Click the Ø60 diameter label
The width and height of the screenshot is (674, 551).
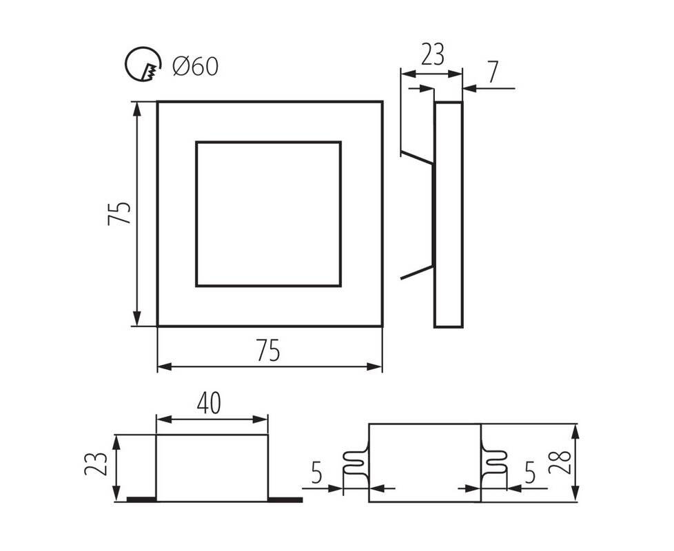(x=196, y=67)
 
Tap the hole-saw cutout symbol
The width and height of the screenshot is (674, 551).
(x=143, y=63)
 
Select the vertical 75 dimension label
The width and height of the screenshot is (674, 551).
(x=119, y=213)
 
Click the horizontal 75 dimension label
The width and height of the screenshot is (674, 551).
(x=268, y=350)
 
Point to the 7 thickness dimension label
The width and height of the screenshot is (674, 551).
(x=493, y=72)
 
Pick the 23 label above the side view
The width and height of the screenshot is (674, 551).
(x=432, y=54)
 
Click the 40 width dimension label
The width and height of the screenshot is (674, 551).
(x=209, y=403)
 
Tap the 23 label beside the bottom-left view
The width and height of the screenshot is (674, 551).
(x=95, y=464)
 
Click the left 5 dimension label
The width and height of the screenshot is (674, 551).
(x=316, y=473)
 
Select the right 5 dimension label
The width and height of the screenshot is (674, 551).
(x=531, y=472)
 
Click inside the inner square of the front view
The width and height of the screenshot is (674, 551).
(x=269, y=214)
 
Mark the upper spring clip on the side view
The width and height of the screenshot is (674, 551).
(x=417, y=157)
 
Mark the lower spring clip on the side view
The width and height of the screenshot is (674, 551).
(x=417, y=272)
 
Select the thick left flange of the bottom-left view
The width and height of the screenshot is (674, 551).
(x=141, y=499)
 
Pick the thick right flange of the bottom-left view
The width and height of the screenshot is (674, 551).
(x=285, y=499)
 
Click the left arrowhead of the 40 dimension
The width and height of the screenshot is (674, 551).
(x=163, y=419)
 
